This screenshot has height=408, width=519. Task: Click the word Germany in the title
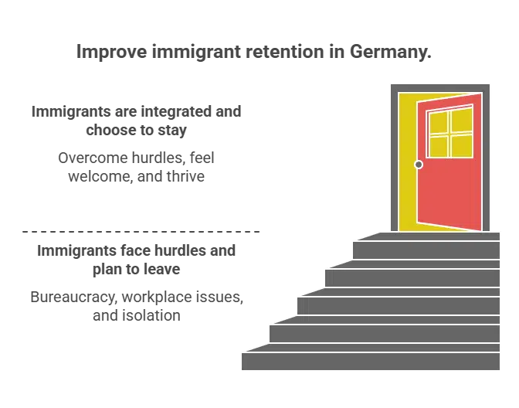pos(391,53)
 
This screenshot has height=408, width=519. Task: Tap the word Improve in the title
pos(112,53)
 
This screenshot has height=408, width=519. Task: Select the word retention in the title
pos(285,52)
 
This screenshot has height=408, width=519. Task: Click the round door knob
pos(419,165)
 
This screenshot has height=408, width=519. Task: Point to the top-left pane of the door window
pos(438,123)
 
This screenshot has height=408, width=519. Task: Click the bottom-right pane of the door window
pos(462,146)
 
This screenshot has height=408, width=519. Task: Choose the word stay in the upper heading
pos(172,131)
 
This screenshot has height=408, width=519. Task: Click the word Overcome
pos(93,158)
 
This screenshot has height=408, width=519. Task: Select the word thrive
pos(185,176)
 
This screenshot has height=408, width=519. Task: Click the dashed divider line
pos(141,232)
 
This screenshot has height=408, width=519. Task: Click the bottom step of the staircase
pos(371,362)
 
